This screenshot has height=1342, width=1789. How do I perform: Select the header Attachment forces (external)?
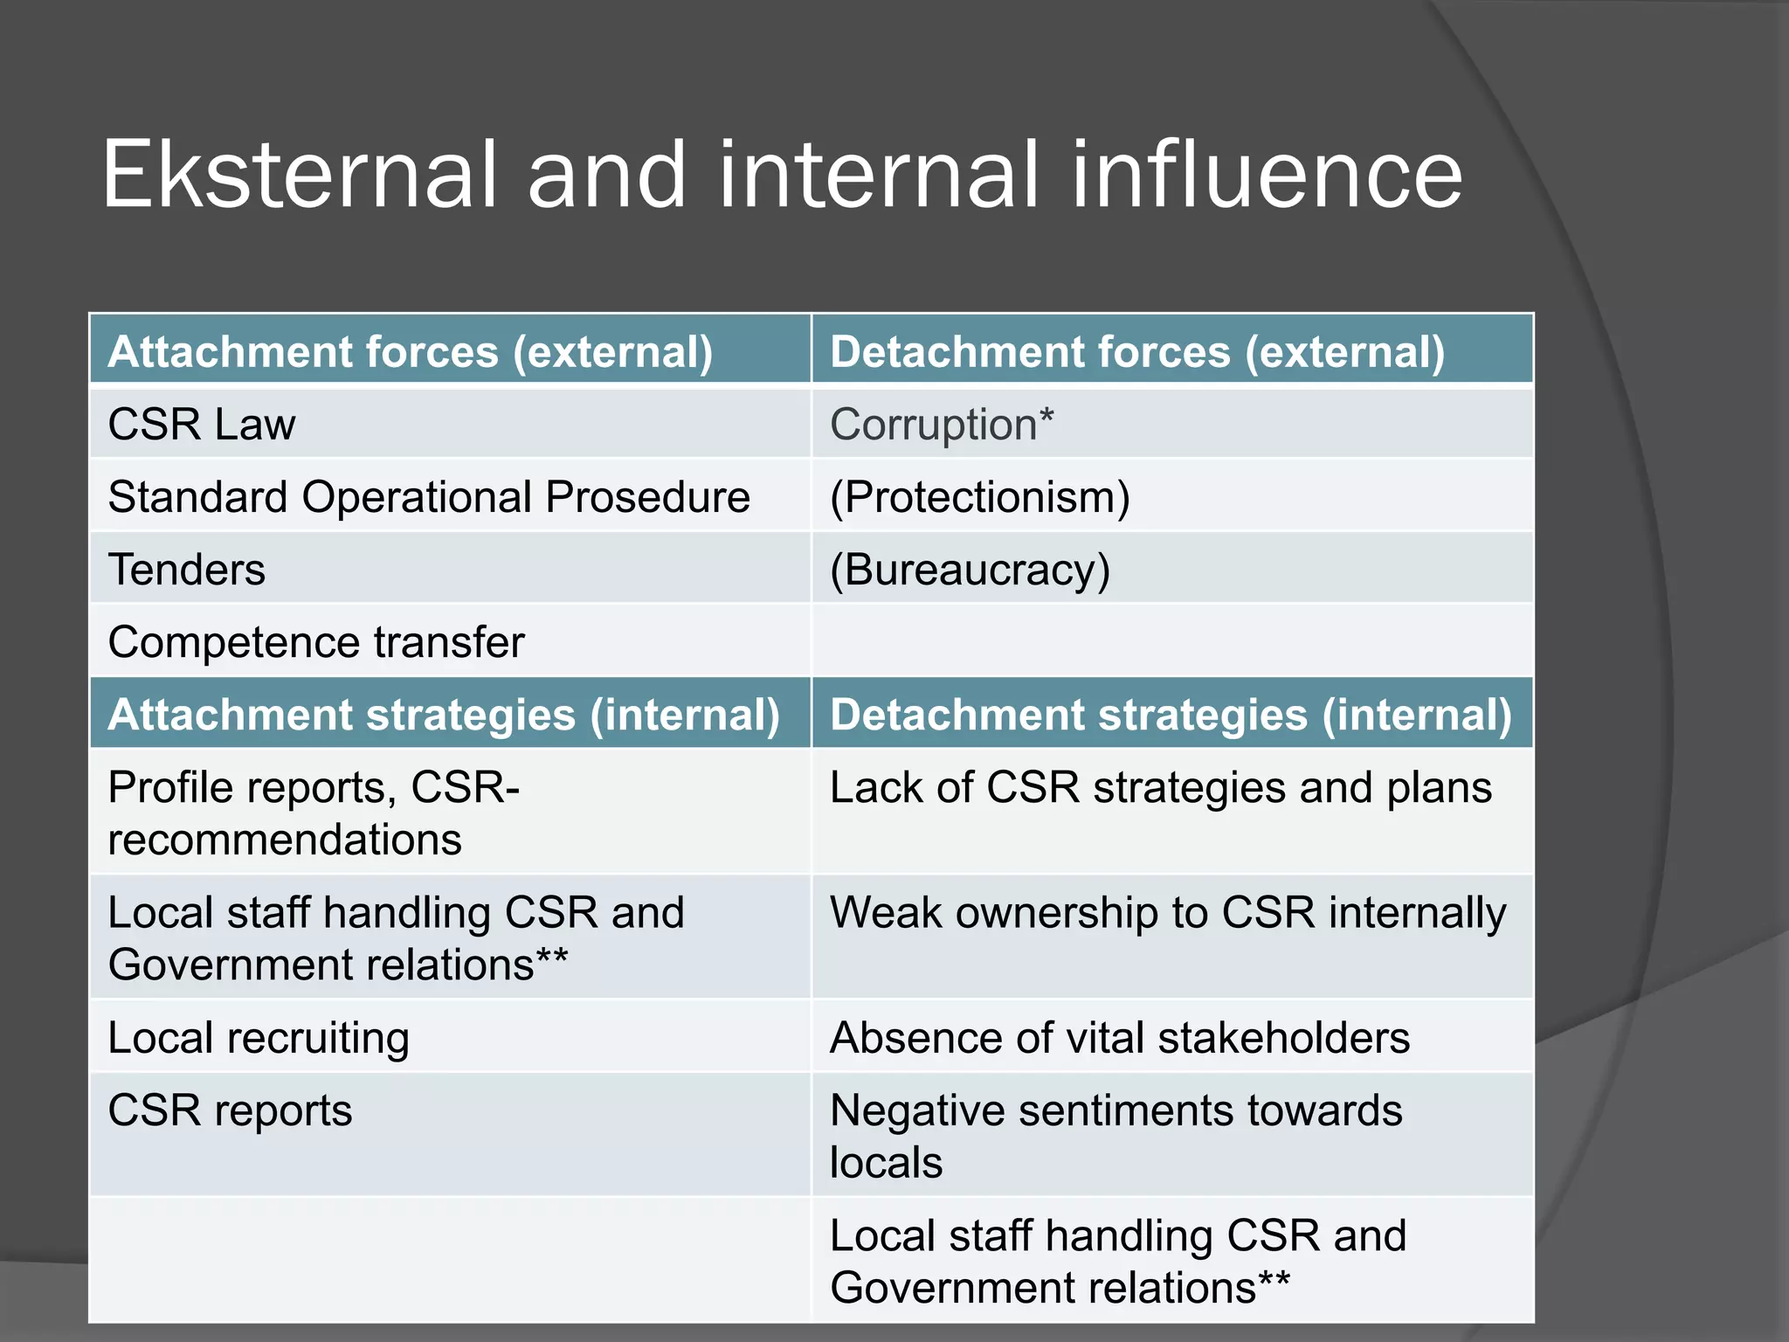click(x=411, y=352)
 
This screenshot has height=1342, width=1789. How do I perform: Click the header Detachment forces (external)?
click(x=1137, y=352)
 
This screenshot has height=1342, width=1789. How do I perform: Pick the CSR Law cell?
click(x=202, y=425)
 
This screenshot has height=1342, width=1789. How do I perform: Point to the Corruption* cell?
click(x=942, y=425)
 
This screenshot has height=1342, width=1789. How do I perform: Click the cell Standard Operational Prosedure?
click(x=429, y=497)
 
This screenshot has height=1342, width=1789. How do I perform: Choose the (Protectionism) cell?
click(x=979, y=497)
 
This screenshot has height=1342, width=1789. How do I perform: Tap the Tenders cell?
click(x=187, y=570)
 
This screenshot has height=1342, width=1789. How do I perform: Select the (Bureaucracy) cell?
click(x=970, y=570)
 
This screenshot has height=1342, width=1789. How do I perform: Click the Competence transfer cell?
click(x=316, y=642)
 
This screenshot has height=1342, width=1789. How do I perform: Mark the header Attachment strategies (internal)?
click(x=444, y=715)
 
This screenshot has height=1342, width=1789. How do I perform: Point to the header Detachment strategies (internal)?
click(x=1171, y=715)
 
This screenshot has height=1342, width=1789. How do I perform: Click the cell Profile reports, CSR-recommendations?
click(x=314, y=813)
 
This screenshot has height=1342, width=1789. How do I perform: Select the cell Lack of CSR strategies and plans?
click(x=1160, y=787)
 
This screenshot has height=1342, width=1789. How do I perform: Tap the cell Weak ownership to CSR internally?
click(x=1168, y=913)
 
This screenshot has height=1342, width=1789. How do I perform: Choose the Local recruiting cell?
click(x=259, y=1038)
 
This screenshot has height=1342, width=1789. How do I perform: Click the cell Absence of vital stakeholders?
click(x=1120, y=1038)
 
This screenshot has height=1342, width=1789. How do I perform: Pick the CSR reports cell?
click(x=230, y=1110)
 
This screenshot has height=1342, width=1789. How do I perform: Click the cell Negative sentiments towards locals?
click(x=1116, y=1136)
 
